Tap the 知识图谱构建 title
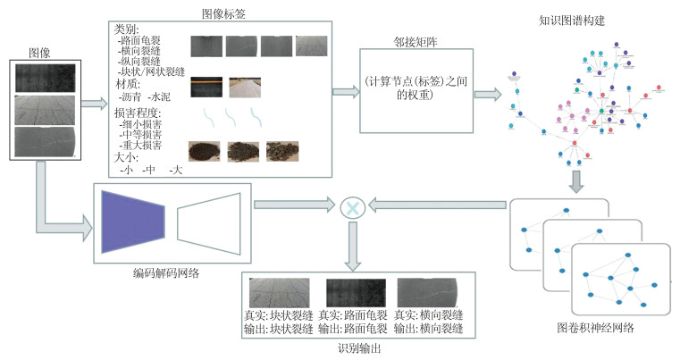(x=574, y=20)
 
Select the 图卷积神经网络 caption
(x=595, y=328)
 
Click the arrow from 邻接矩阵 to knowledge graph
(x=487, y=92)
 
